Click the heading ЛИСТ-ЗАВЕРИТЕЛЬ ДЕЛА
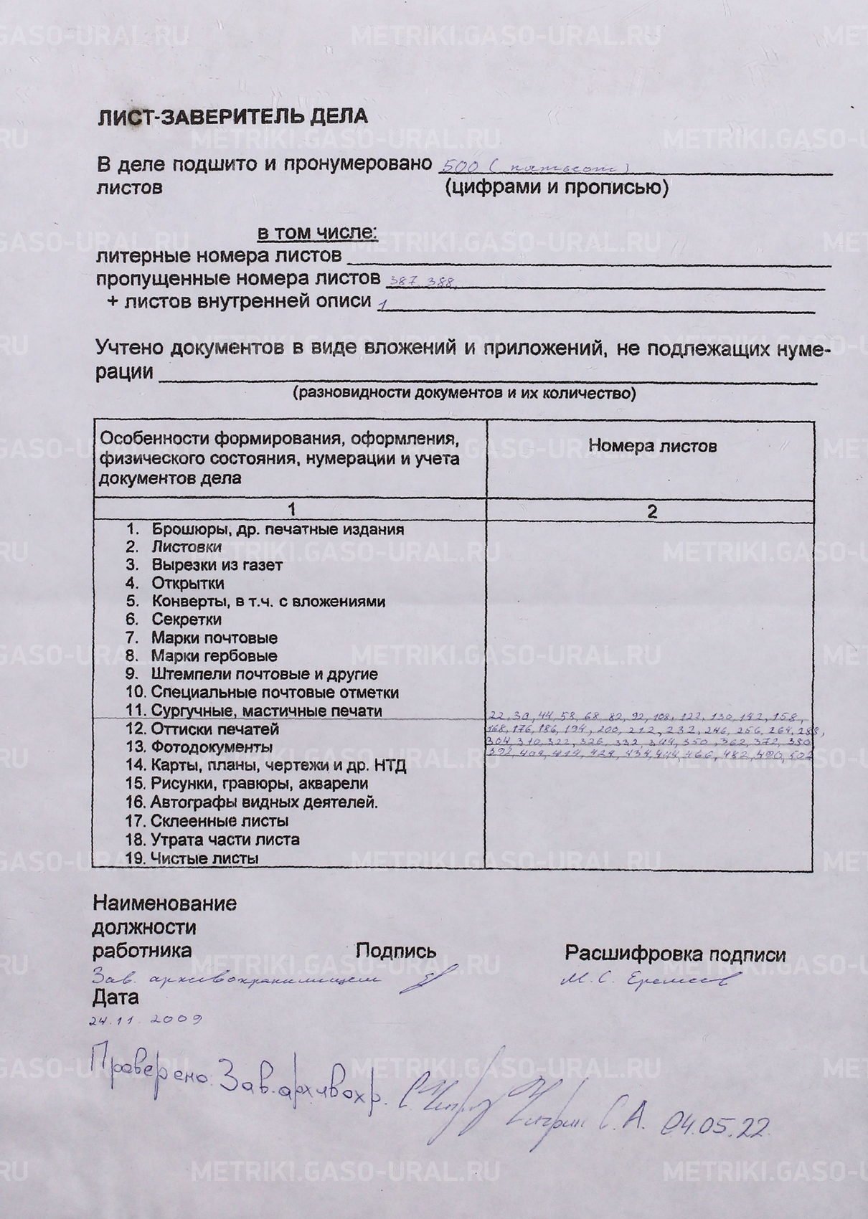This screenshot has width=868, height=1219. (232, 117)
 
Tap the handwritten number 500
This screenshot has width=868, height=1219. (457, 166)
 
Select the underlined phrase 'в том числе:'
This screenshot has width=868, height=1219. (316, 233)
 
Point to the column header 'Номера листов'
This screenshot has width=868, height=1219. (651, 446)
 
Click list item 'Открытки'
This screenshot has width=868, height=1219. (187, 583)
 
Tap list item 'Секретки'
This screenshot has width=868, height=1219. (186, 619)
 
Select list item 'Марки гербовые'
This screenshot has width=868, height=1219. (213, 655)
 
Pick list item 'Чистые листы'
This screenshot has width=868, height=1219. (204, 858)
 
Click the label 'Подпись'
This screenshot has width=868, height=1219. (396, 952)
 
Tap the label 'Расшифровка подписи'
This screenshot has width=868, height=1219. (675, 954)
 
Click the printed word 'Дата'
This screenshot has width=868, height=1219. (115, 997)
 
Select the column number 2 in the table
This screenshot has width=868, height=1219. (651, 512)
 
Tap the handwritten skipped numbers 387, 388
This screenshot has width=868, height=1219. (421, 281)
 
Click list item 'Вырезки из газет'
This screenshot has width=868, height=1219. (217, 565)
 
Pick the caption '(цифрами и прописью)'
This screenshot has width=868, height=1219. (556, 188)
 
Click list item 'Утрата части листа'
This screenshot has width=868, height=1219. (225, 839)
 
